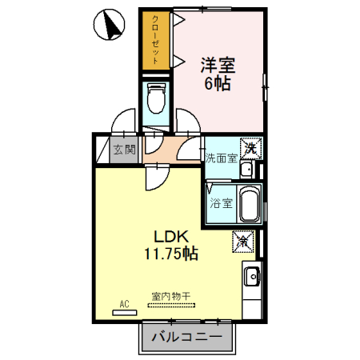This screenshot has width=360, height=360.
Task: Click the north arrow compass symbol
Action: click(x=109, y=24)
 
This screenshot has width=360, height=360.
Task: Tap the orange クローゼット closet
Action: click(x=156, y=41)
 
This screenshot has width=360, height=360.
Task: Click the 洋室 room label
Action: click(x=218, y=65)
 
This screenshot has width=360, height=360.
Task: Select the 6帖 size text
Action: click(x=218, y=83)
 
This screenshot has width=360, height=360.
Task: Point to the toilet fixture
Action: click(x=156, y=98)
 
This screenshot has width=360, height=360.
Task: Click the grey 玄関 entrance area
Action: click(x=124, y=150)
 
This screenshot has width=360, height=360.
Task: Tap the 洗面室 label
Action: click(x=221, y=158)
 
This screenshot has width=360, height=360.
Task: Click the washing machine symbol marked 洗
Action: click(x=251, y=148)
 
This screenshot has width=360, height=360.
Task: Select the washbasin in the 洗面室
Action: click(x=247, y=170)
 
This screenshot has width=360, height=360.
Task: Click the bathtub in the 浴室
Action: click(x=250, y=204)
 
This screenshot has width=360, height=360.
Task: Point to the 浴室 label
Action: click(x=221, y=203)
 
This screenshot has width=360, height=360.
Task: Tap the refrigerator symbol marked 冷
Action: click(x=243, y=242)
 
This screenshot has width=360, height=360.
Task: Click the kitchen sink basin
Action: click(x=252, y=277)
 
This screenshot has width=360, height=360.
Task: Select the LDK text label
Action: click(x=171, y=236)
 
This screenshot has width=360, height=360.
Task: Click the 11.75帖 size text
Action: click(x=171, y=254)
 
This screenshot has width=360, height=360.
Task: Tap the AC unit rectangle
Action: click(x=125, y=313)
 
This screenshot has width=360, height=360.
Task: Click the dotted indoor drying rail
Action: click(x=171, y=305)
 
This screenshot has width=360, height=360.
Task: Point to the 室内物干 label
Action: click(x=171, y=296)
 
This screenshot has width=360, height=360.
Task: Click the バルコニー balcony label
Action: click(x=187, y=337)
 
